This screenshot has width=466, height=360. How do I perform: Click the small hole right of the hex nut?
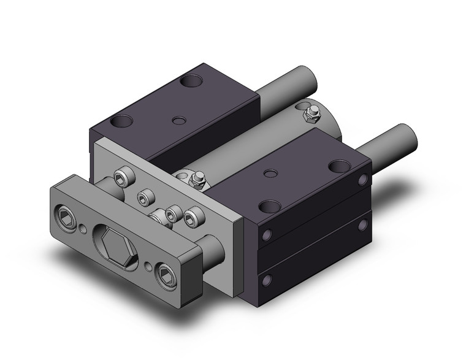pos(150,266)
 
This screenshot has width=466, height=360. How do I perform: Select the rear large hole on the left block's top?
pos(193,80)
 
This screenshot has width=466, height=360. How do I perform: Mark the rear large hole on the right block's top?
pos(338,166)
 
